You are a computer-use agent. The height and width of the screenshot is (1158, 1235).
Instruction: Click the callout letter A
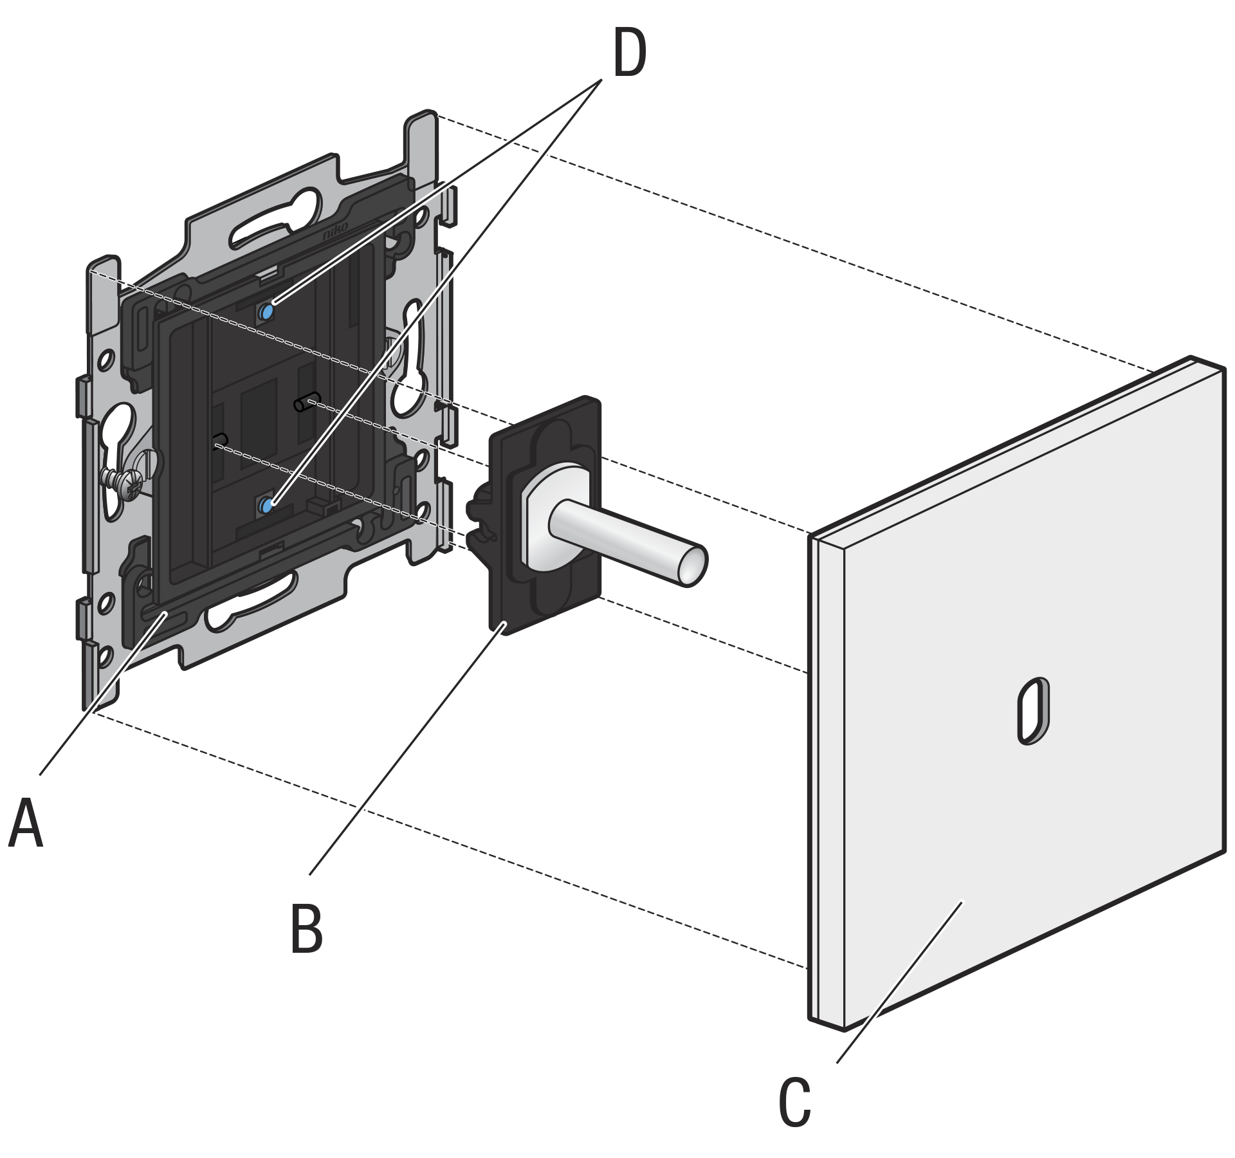tap(26, 823)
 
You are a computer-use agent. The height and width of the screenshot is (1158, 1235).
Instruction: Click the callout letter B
tap(306, 929)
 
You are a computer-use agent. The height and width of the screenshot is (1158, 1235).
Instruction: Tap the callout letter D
tap(629, 55)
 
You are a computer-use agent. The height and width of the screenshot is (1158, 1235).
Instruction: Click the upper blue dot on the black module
tap(266, 312)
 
